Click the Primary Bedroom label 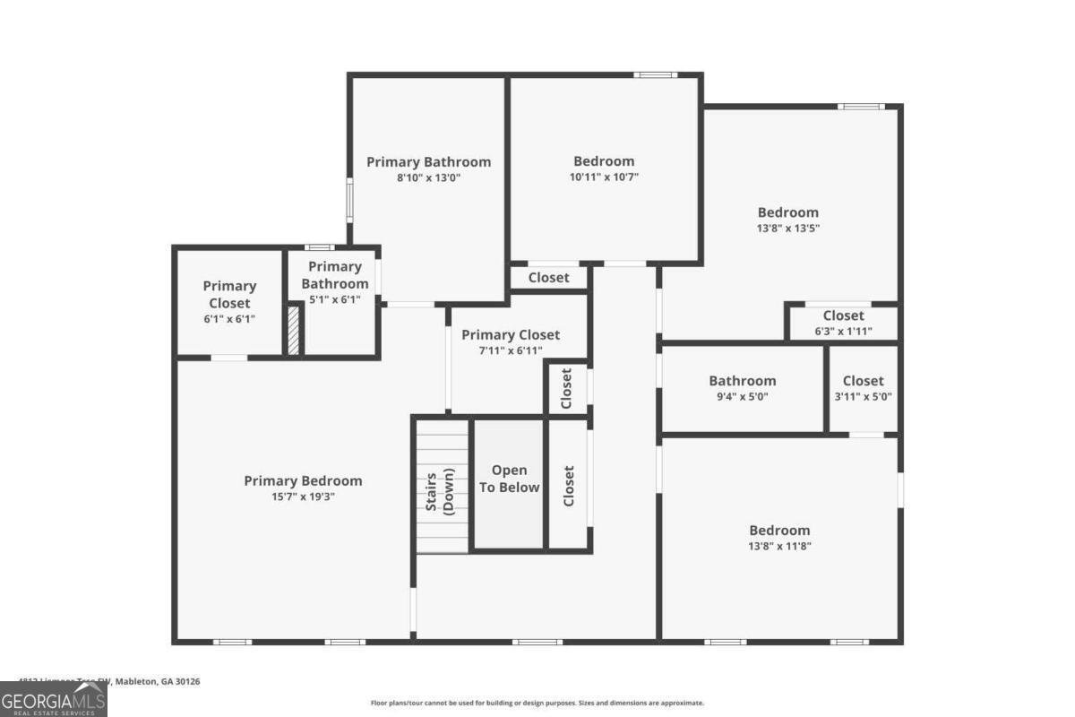click(x=303, y=480)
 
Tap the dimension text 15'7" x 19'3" click(x=303, y=497)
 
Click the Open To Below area click(x=509, y=479)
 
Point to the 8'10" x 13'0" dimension click(x=428, y=178)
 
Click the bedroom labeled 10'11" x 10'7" click(x=604, y=161)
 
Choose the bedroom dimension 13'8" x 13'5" click(x=788, y=229)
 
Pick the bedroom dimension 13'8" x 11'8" click(x=779, y=546)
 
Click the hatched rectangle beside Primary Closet click(x=293, y=330)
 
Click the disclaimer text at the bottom click(x=537, y=704)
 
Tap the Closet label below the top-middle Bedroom click(x=548, y=278)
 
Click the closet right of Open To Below click(x=568, y=485)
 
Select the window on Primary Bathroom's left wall click(x=349, y=199)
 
